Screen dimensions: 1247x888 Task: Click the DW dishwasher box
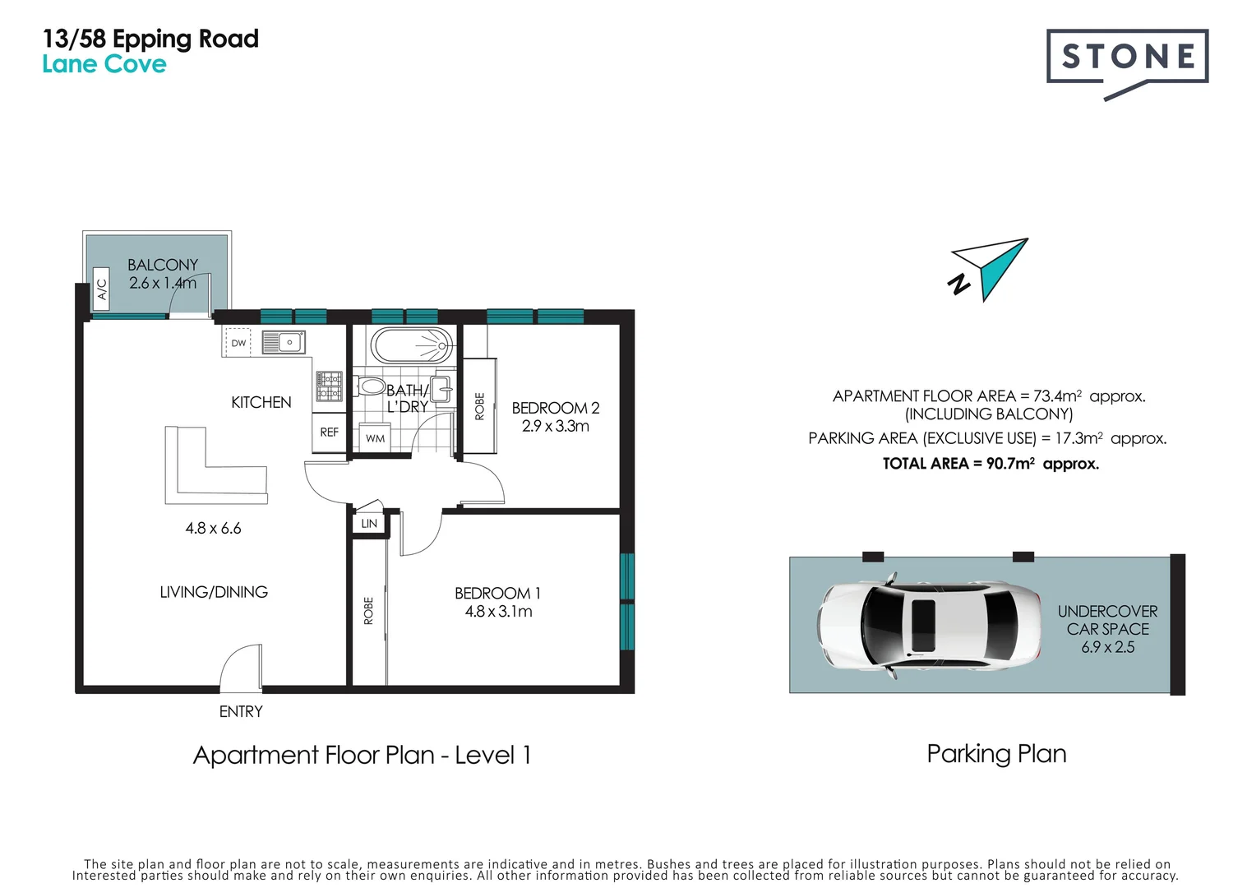238,343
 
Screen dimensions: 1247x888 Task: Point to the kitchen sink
284,342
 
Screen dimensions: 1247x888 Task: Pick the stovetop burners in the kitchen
329,386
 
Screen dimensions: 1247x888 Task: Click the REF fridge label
329,432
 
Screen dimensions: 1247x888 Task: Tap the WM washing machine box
375,437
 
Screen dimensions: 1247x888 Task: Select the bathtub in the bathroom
412,345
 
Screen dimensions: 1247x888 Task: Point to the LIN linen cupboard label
369,523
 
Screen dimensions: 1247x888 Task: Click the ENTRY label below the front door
241,711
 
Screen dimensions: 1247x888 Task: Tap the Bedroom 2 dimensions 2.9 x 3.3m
555,427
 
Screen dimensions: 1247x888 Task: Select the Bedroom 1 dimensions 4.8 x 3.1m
499,611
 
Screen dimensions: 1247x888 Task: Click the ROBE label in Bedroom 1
368,611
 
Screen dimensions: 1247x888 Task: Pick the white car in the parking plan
929,625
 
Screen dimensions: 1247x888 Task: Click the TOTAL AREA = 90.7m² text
991,464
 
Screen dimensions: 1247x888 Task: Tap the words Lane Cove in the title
104,64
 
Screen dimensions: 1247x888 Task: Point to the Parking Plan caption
996,754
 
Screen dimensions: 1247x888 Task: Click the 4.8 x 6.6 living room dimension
213,528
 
